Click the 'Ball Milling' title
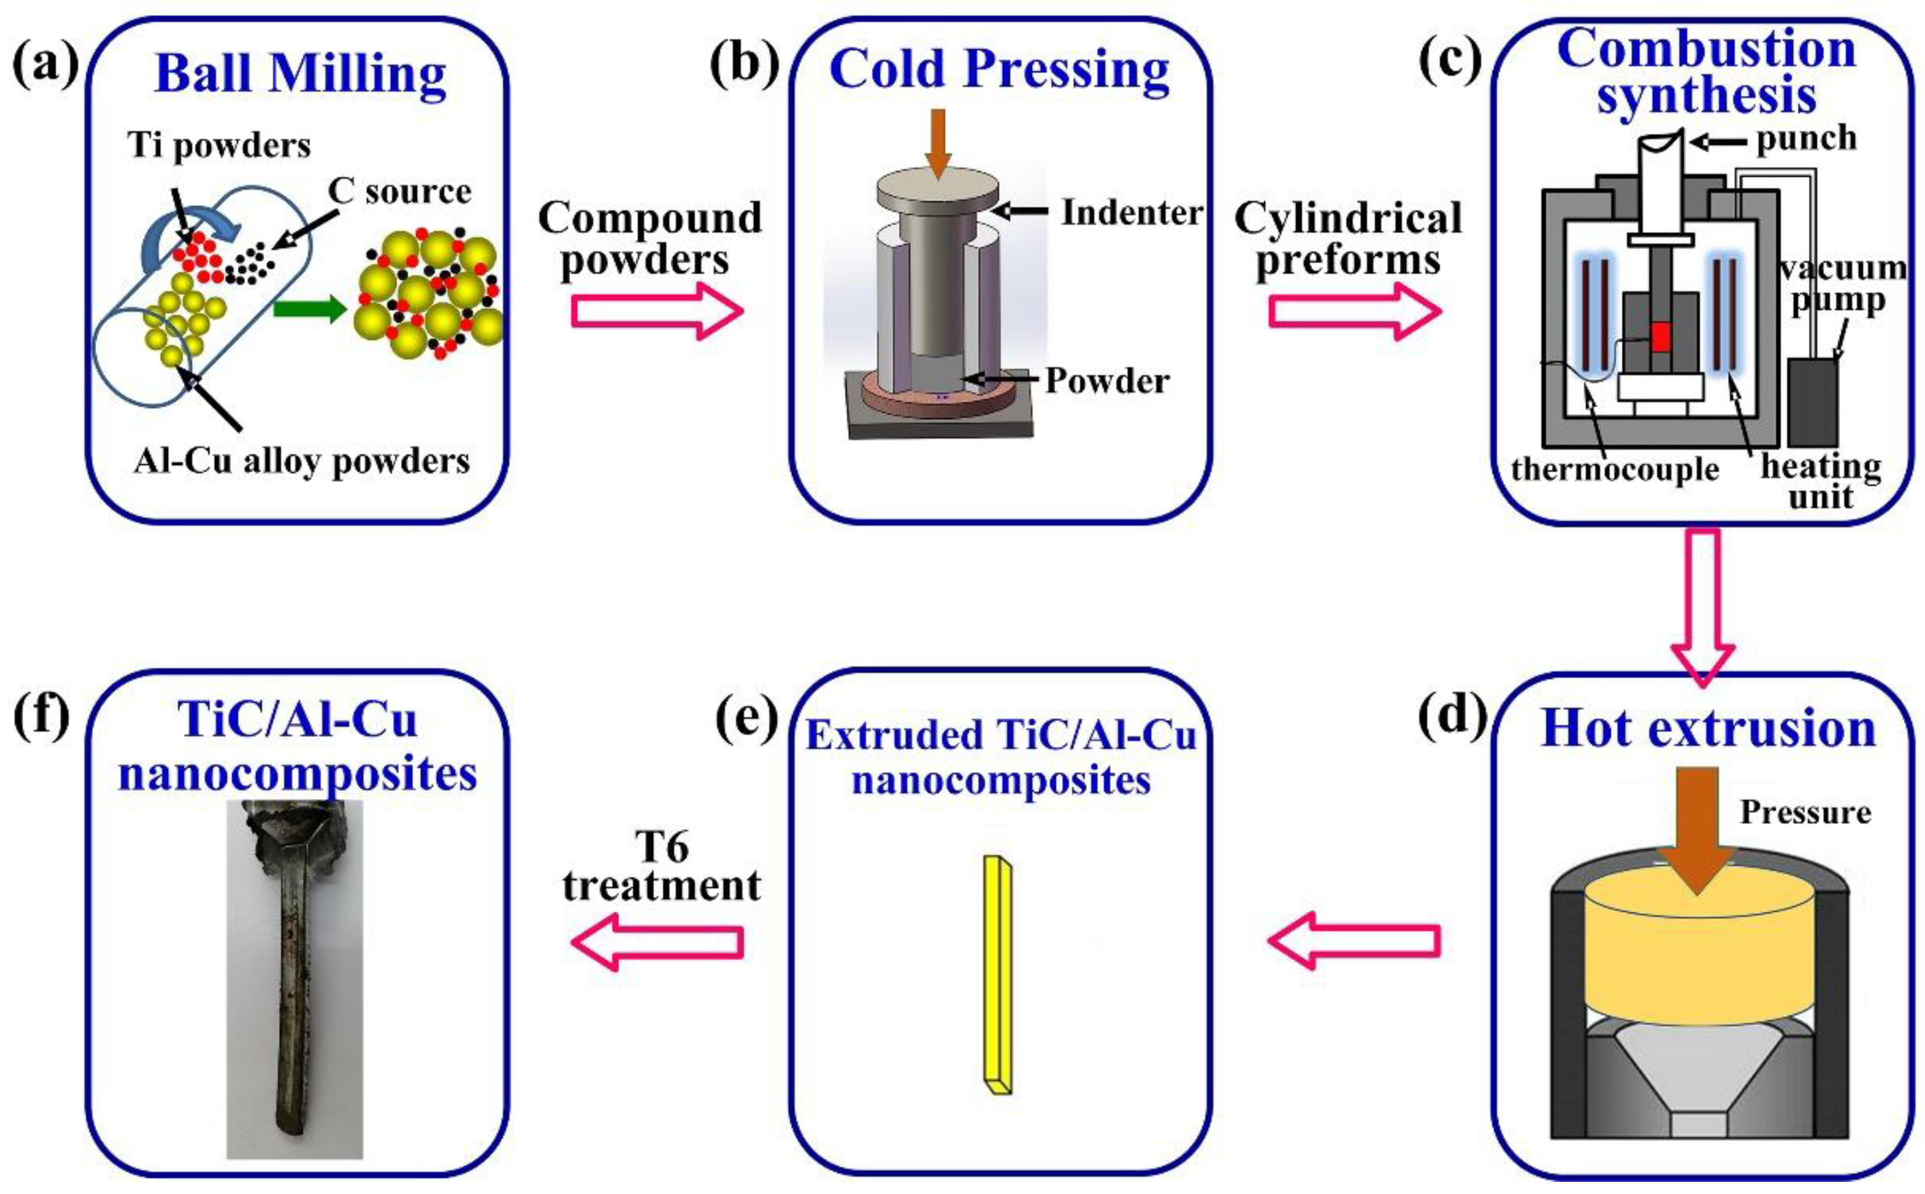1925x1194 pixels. tap(300, 75)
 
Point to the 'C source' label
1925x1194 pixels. tap(400, 192)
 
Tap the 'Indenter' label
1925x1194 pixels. tap(1131, 213)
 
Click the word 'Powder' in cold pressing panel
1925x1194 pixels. tap(1107, 381)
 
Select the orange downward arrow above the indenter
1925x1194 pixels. tap(937, 142)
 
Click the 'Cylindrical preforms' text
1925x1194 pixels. tap(1348, 238)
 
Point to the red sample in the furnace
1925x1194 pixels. tap(1661, 337)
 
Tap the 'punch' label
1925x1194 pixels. tap(1806, 138)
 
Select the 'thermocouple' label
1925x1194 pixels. tap(1615, 470)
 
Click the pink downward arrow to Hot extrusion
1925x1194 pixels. tap(1703, 604)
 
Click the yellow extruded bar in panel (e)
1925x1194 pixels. tap(997, 976)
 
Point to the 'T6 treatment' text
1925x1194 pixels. tap(662, 867)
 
